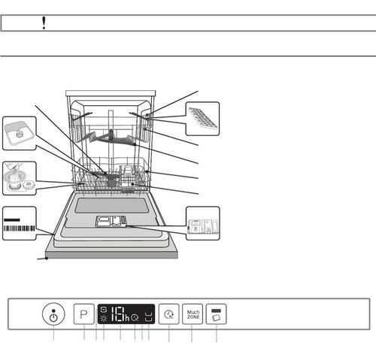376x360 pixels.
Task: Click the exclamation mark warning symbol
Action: coord(44,23)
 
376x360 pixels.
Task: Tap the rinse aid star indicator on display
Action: coord(103,319)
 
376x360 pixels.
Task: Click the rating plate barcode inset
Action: coord(17,223)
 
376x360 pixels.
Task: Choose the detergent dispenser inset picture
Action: coord(202,223)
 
